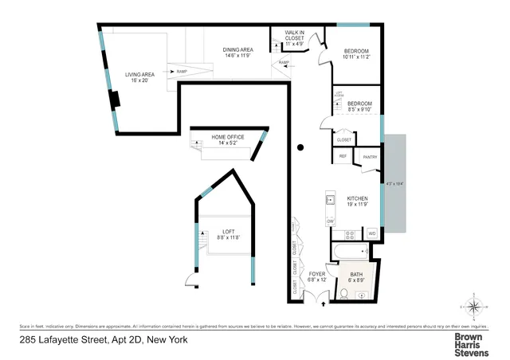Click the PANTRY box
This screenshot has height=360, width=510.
click(369, 157)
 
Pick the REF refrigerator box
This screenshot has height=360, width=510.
click(343, 156)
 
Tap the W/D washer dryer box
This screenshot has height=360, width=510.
click(371, 233)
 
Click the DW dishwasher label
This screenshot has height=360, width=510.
click(330, 221)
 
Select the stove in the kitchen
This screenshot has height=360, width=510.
click(348, 234)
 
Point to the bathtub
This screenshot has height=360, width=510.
click(347, 254)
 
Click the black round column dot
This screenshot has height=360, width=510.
click(300, 147)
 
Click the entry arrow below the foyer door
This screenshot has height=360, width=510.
click(321, 301)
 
